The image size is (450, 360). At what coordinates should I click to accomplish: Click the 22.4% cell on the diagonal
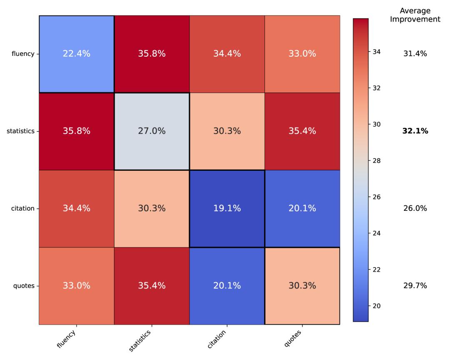pyautogui.click(x=77, y=54)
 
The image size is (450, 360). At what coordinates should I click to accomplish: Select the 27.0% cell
pyautogui.click(x=152, y=131)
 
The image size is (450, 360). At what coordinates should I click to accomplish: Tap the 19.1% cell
pyautogui.click(x=227, y=208)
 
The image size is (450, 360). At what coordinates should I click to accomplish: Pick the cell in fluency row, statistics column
pyautogui.click(x=152, y=54)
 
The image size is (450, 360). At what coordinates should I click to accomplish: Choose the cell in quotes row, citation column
pyautogui.click(x=227, y=286)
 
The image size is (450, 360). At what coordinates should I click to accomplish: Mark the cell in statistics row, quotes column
pyautogui.click(x=302, y=131)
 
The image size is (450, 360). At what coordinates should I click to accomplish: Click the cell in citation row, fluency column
pyautogui.click(x=77, y=208)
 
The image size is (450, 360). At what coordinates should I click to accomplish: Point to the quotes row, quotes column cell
pyautogui.click(x=302, y=286)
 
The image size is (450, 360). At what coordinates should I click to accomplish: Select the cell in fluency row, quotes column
pyautogui.click(x=302, y=54)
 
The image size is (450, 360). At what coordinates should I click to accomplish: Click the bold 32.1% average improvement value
pyautogui.click(x=415, y=131)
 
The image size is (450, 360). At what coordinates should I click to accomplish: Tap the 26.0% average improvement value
pyautogui.click(x=415, y=208)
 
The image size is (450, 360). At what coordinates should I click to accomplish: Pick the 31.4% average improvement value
pyautogui.click(x=415, y=54)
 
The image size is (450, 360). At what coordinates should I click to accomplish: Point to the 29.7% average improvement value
pyautogui.click(x=415, y=286)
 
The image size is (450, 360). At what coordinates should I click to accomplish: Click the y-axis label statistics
pyautogui.click(x=20, y=131)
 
